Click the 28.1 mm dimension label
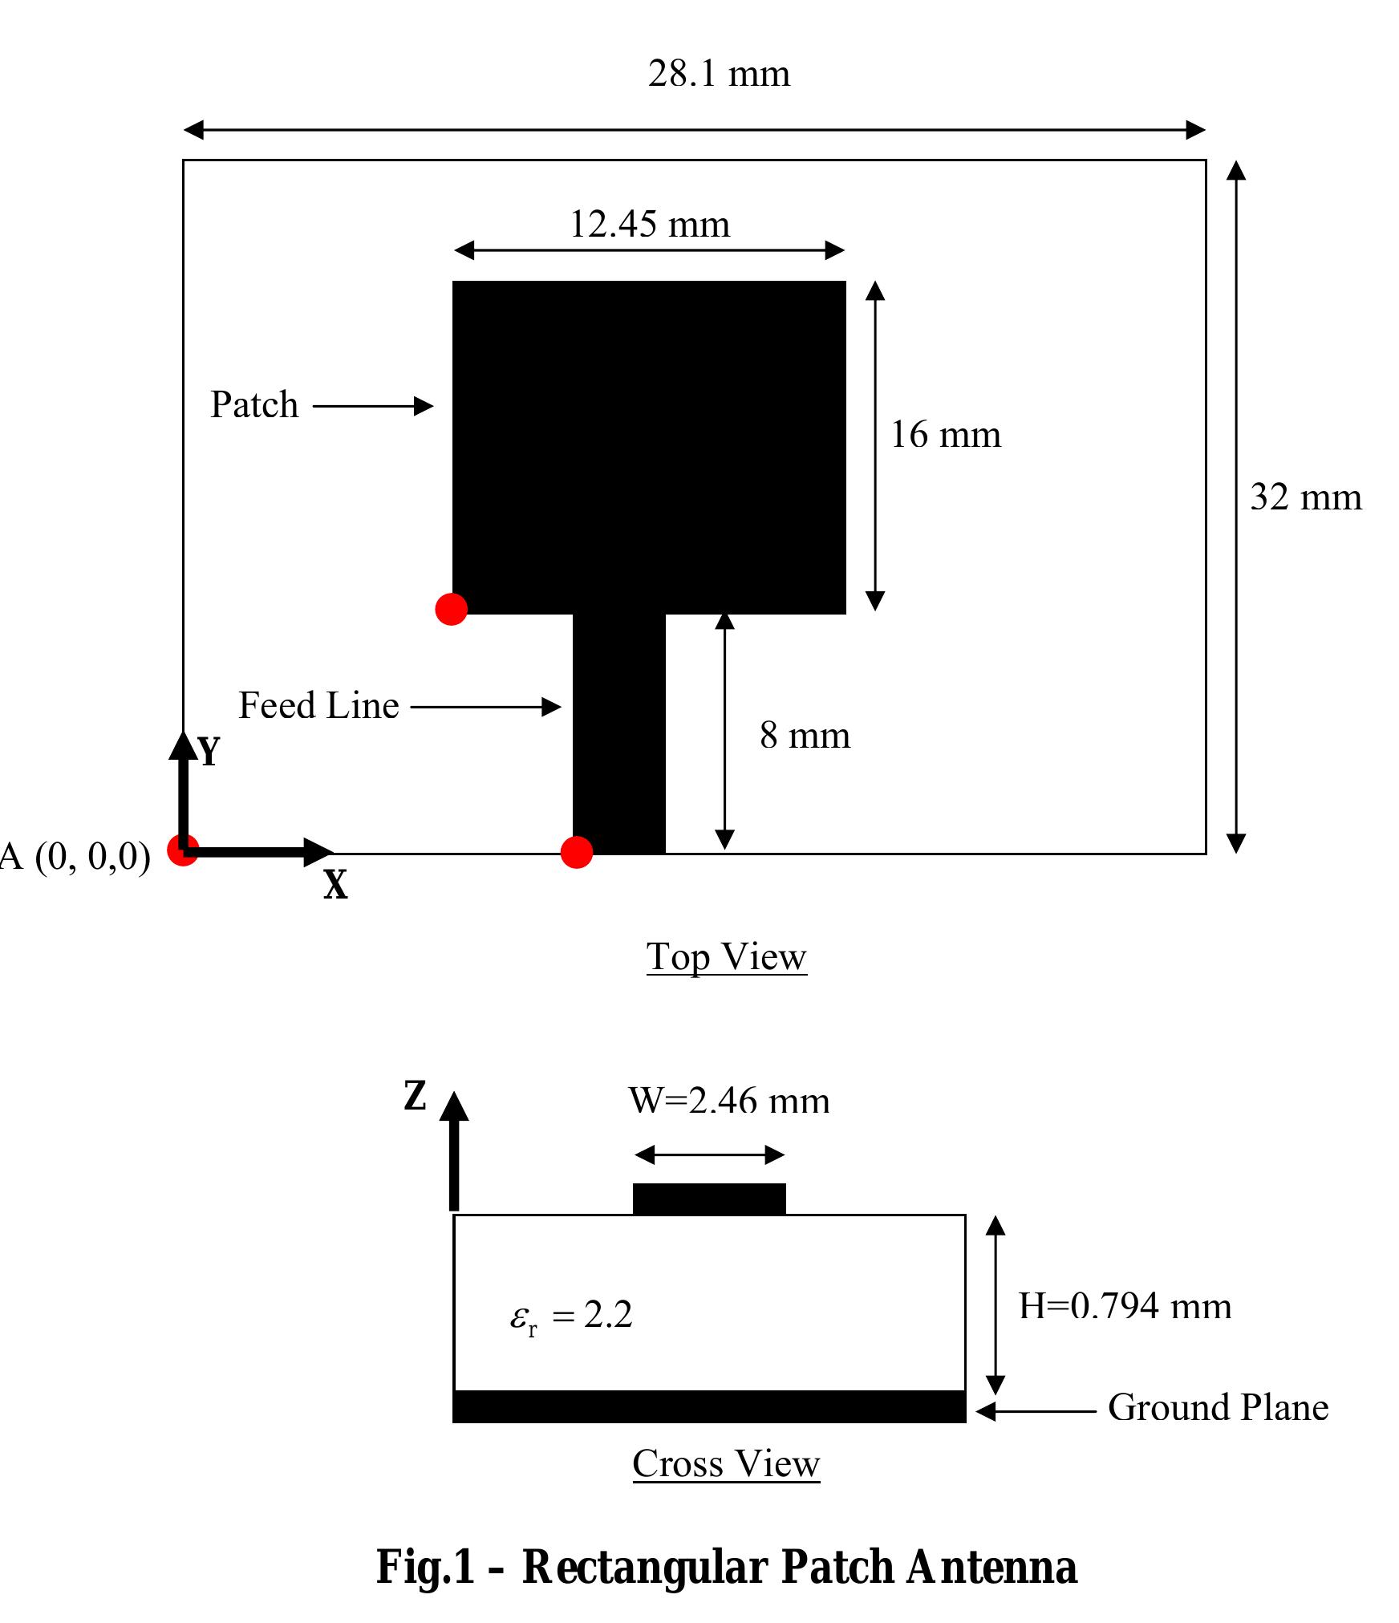point(719,75)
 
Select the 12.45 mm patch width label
point(650,225)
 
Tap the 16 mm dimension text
point(946,436)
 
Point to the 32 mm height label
point(1305,497)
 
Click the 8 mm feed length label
point(805,735)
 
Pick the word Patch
point(254,404)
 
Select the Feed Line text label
point(318,706)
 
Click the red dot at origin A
point(183,850)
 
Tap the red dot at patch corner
point(452,609)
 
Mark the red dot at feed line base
point(576,852)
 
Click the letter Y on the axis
point(209,752)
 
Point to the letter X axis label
point(335,886)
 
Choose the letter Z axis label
point(415,1096)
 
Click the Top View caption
point(726,957)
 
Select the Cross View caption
point(726,1463)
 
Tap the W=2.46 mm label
point(728,1101)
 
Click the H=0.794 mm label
point(1125,1306)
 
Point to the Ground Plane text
point(1218,1407)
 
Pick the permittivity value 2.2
point(608,1315)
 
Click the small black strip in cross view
point(709,1199)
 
